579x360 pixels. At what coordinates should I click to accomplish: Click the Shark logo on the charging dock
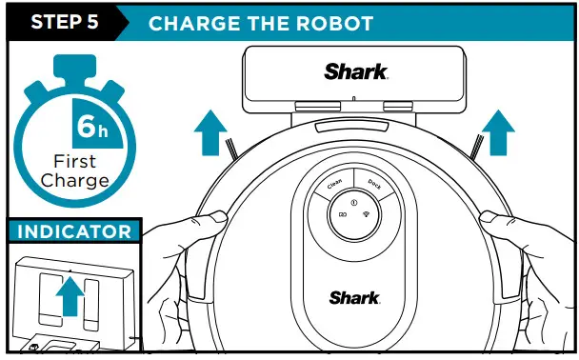356,71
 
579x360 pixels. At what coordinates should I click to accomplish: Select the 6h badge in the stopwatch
92,126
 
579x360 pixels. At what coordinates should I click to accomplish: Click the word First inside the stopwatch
74,162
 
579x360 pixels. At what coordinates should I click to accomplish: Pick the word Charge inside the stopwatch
74,180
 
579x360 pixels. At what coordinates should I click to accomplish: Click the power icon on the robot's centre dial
354,202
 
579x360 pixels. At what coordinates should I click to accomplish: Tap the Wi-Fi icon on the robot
367,215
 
